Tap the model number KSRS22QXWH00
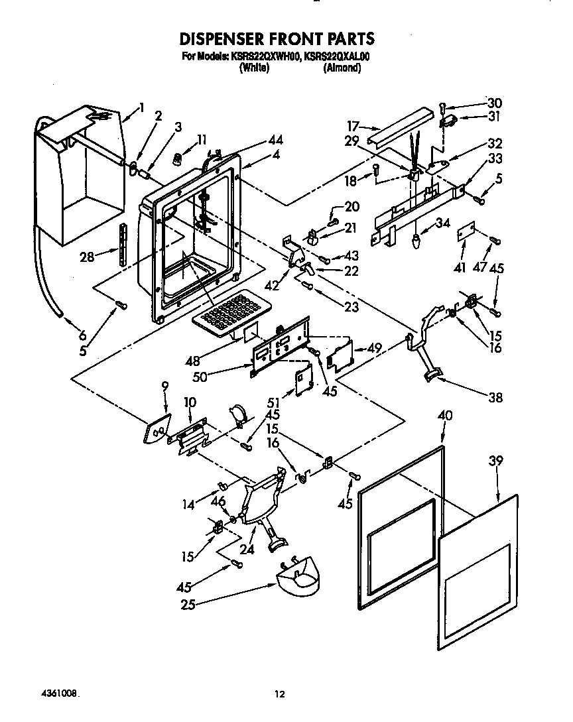[x=265, y=57]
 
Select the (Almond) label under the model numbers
[x=342, y=68]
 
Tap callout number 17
[x=352, y=125]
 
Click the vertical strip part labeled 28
[x=121, y=245]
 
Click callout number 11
[x=202, y=139]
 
